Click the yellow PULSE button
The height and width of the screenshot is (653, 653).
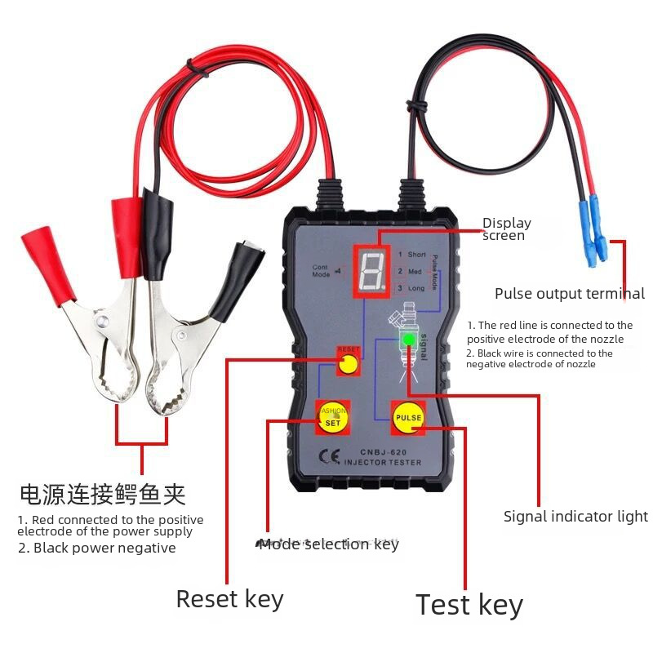point(408,417)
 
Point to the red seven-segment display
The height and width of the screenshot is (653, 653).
point(371,268)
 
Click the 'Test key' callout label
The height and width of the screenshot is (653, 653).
point(469,605)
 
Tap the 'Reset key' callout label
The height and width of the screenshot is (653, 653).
point(229,599)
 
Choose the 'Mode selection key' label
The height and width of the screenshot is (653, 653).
point(328,544)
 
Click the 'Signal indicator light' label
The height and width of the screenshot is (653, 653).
point(575,516)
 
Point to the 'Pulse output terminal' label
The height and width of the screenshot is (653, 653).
point(570,294)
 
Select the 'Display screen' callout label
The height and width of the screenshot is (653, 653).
point(506,229)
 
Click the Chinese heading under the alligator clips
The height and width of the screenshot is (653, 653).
point(102,494)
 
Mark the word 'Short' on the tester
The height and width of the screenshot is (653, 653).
point(417,255)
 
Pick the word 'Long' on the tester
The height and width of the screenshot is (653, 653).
point(416,288)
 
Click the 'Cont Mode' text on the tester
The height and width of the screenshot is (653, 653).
point(321,270)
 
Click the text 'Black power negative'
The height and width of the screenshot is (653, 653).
point(96,548)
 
